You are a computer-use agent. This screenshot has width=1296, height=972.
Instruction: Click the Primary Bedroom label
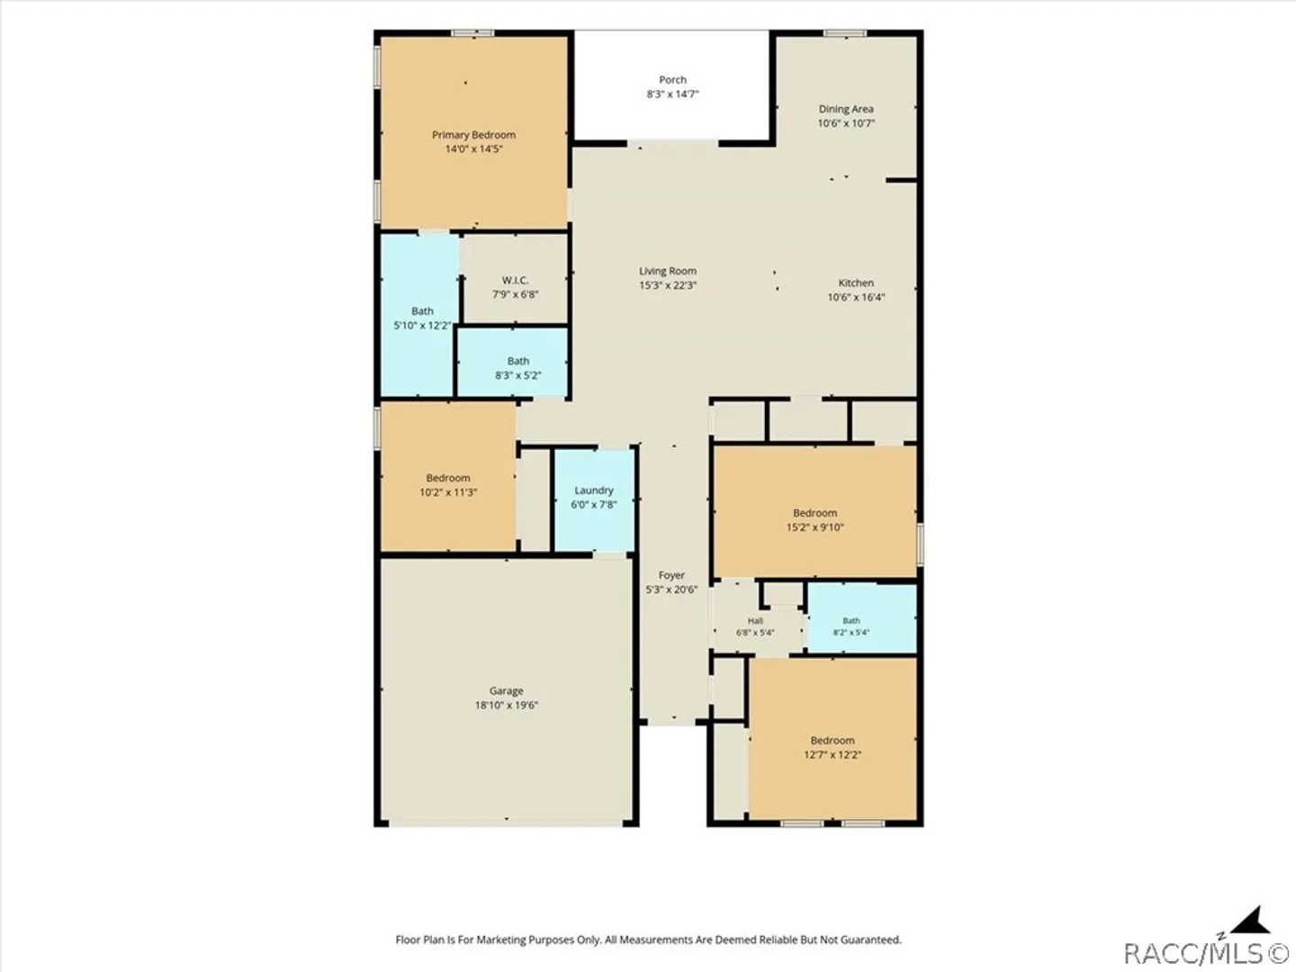coord(473,135)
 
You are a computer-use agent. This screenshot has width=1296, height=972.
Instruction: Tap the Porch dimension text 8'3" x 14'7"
coord(672,94)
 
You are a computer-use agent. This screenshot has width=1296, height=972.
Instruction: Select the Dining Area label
coord(846,109)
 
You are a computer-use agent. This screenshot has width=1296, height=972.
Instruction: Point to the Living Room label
coord(668,271)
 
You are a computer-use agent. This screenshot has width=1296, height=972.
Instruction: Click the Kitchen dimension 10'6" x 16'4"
coord(856,297)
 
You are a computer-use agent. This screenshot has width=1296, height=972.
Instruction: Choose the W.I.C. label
coord(516,280)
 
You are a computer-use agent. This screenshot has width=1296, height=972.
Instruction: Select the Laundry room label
coord(594,490)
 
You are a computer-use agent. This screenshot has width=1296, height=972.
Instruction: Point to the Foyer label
coord(672,575)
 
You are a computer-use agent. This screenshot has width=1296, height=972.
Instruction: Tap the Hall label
coord(755,621)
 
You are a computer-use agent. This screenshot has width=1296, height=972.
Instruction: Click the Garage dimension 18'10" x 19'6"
coord(507,705)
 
